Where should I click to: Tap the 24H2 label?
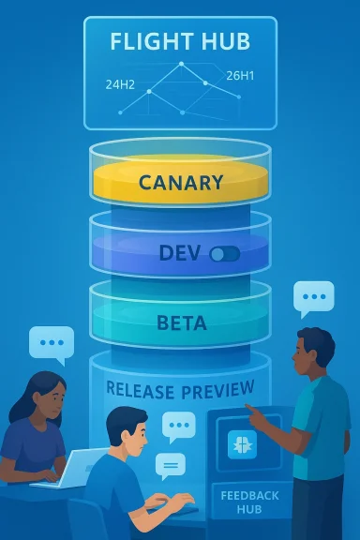(120, 84)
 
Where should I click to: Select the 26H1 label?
(239, 75)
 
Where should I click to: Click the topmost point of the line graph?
(180, 65)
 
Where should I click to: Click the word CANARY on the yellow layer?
(180, 182)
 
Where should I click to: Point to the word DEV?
(180, 253)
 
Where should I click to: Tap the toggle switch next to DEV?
(225, 253)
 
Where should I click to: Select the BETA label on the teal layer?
(180, 324)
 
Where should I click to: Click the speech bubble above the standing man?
(313, 298)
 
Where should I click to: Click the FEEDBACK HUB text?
(244, 503)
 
